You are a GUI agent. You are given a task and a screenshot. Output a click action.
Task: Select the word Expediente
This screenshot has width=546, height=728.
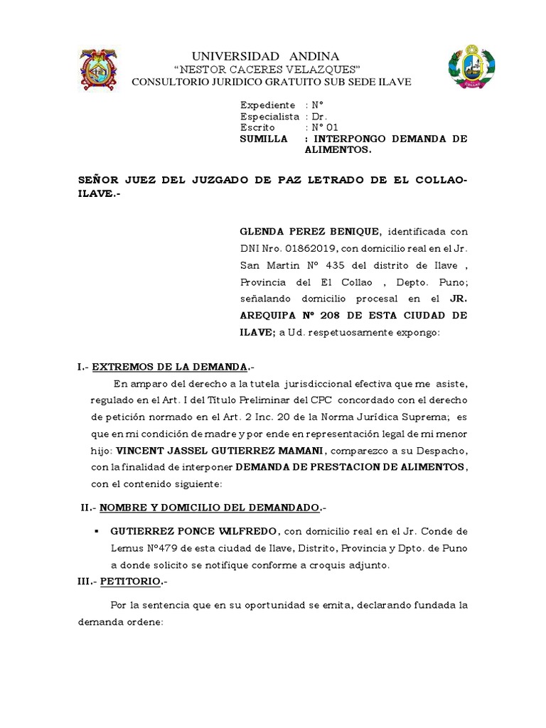(267, 105)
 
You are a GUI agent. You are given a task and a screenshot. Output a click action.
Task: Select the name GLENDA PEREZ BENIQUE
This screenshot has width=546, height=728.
(311, 232)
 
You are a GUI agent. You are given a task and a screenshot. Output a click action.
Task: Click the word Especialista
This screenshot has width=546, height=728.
(270, 116)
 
